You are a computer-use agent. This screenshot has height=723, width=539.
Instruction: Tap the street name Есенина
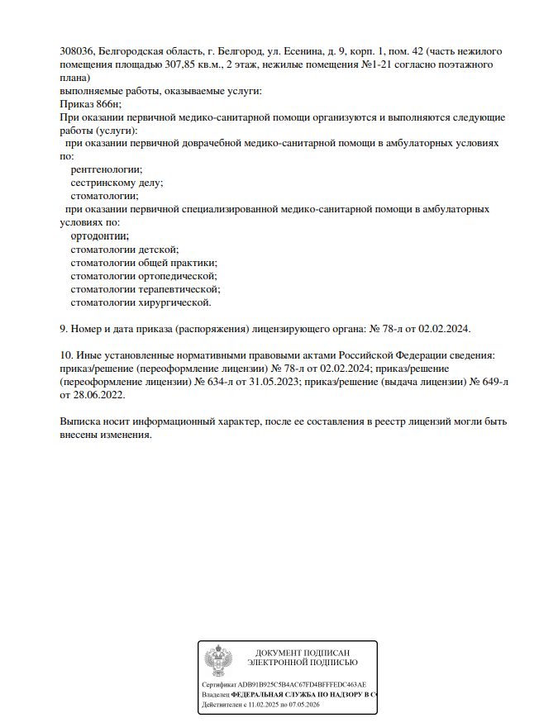(305, 51)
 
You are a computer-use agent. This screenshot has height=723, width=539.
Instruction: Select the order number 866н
(106, 104)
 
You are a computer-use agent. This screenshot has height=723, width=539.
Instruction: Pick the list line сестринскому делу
(117, 183)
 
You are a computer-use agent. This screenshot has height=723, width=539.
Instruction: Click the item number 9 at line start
(64, 328)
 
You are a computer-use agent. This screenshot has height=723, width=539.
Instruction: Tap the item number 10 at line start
(66, 354)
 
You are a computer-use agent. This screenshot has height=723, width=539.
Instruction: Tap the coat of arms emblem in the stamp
(219, 661)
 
